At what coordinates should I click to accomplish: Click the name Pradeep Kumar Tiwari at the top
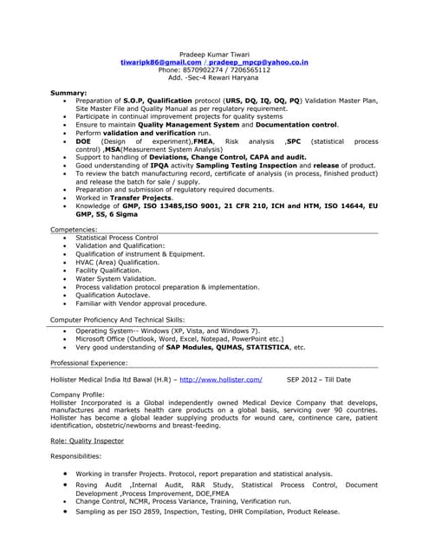213,55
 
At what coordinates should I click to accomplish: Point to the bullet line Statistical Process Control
117,237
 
